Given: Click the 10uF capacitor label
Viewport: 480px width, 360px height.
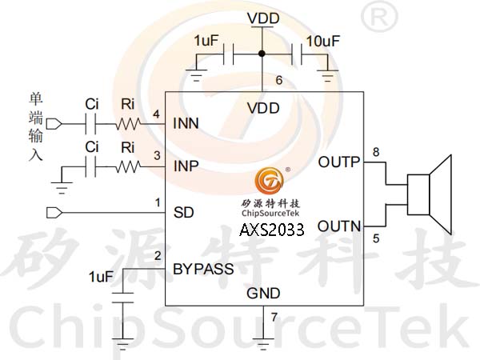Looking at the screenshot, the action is [x=323, y=41].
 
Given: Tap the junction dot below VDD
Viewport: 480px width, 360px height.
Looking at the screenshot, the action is [x=262, y=54].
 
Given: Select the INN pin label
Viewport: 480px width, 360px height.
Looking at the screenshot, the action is [x=186, y=123].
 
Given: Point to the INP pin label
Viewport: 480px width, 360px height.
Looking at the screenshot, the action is [x=186, y=166].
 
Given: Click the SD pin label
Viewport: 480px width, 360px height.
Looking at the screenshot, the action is [x=184, y=213].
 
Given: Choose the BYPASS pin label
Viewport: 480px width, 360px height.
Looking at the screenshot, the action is [x=203, y=269].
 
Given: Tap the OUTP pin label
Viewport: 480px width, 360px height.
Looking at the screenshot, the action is [x=339, y=162].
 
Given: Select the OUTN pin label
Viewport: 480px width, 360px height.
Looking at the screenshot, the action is [x=339, y=226].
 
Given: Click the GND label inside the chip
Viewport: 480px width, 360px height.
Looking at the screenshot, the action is [x=263, y=294].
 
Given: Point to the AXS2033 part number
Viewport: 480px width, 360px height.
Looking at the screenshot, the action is [x=272, y=230].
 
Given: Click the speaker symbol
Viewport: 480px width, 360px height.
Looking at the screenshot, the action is [x=430, y=194].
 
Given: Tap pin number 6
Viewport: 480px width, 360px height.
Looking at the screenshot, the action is [x=279, y=80].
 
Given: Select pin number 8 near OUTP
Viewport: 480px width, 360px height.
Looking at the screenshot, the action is [x=376, y=152].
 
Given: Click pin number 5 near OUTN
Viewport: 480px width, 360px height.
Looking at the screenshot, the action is [x=376, y=238].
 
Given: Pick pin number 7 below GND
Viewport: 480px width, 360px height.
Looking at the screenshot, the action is [x=274, y=317].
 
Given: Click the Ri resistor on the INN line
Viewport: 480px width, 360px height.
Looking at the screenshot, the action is [x=128, y=124].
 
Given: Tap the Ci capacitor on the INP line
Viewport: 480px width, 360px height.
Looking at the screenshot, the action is [x=90, y=167].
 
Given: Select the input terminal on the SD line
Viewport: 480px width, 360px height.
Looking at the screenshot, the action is [x=54, y=213].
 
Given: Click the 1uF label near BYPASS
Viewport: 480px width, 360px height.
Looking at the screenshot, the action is [x=101, y=277].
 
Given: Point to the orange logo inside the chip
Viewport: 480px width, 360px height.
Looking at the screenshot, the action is [x=270, y=181].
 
